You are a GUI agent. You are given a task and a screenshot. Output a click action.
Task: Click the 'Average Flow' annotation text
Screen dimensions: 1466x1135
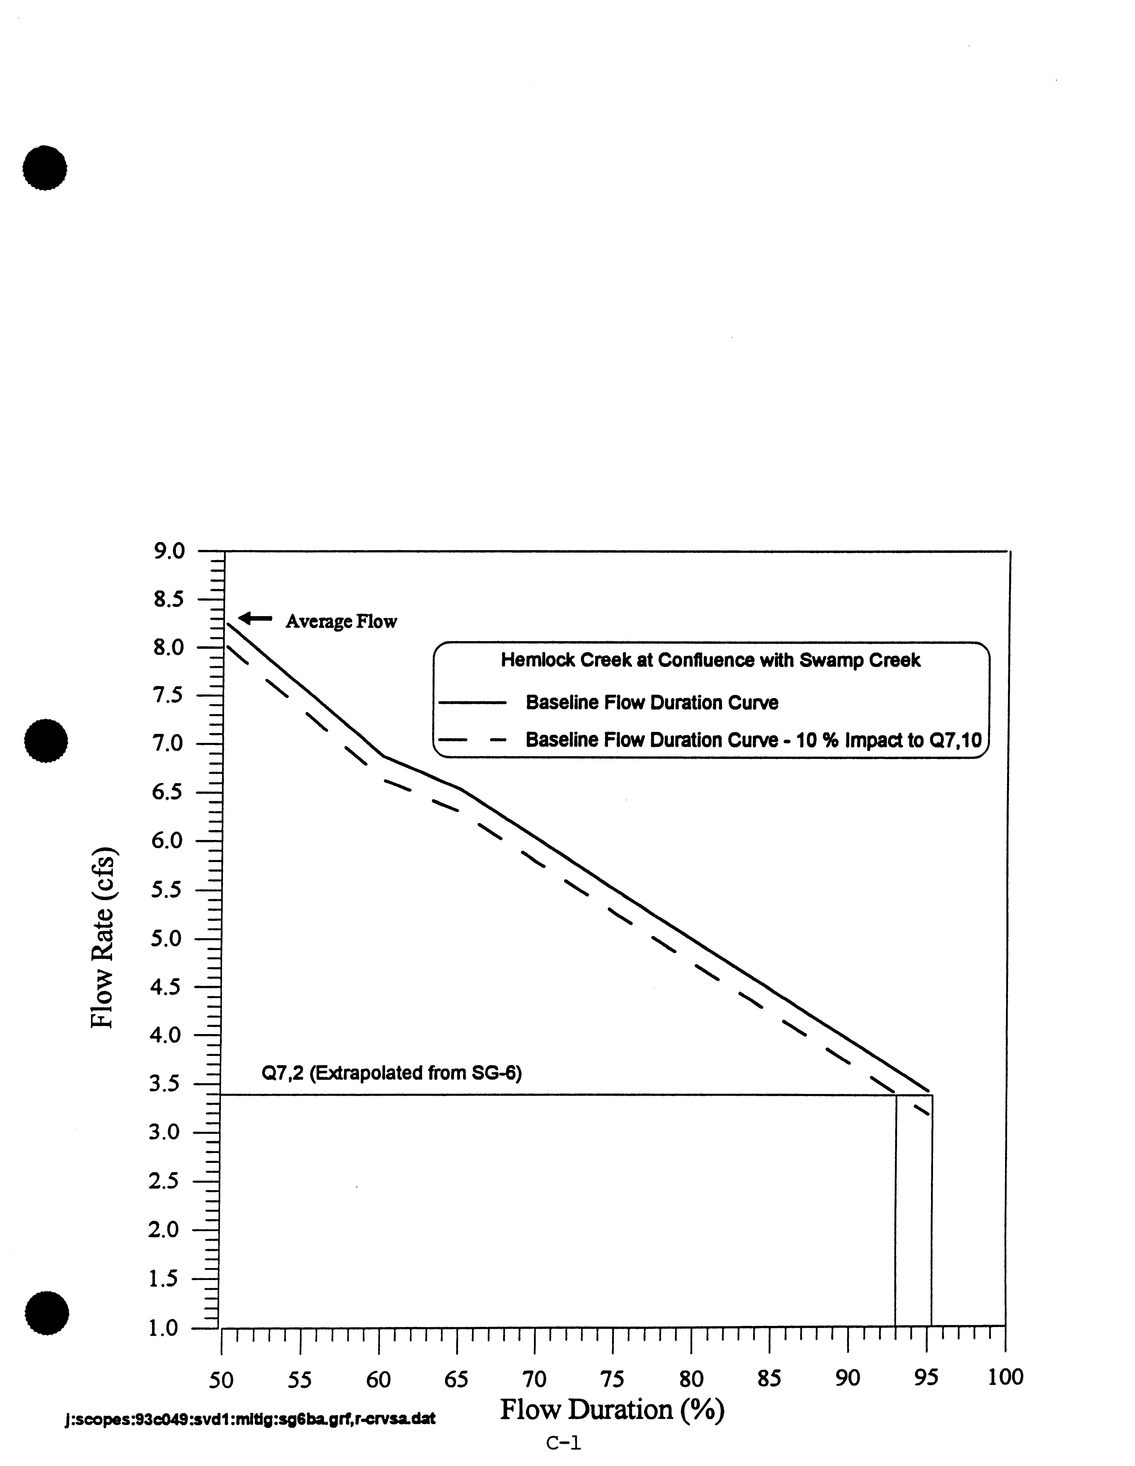pyautogui.click(x=341, y=622)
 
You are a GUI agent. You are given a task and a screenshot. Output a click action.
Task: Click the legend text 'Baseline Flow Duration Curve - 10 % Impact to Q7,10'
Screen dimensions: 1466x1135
pyautogui.click(x=753, y=740)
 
